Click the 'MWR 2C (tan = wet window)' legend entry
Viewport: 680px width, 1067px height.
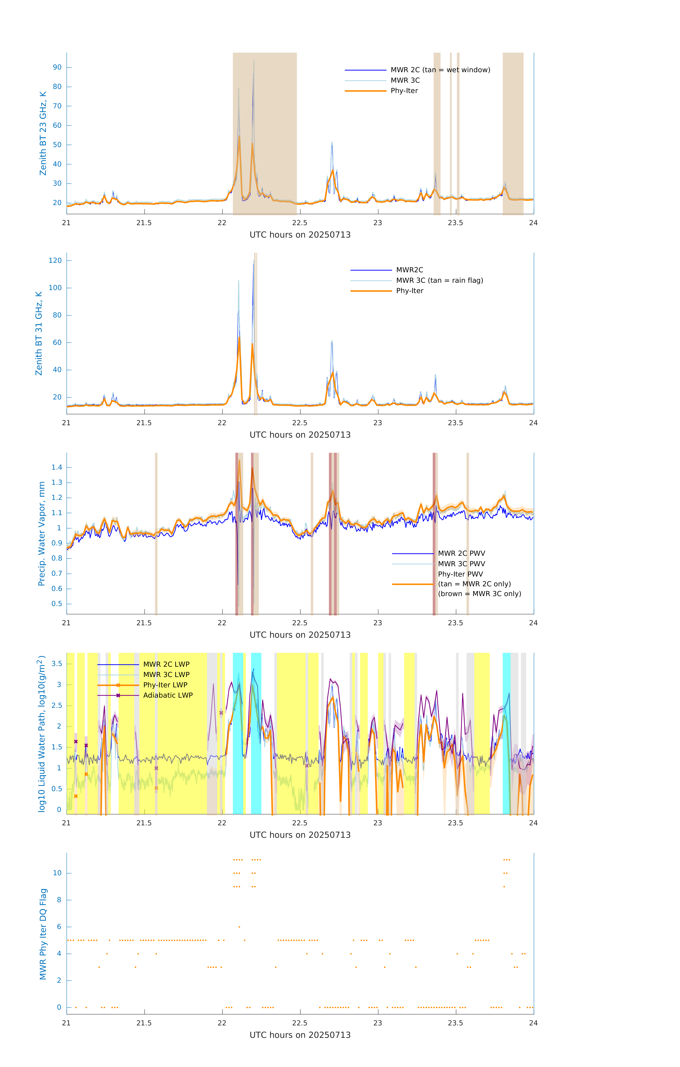(x=440, y=70)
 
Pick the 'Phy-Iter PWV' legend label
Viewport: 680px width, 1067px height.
(x=460, y=574)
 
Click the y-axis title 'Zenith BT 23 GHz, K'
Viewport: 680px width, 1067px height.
(x=43, y=133)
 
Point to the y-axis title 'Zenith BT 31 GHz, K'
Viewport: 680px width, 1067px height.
(x=39, y=333)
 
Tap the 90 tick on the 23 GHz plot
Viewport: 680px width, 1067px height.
(x=57, y=67)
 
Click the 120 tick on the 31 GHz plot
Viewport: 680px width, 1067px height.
(x=55, y=261)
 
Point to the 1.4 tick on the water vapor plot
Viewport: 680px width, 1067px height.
(x=57, y=468)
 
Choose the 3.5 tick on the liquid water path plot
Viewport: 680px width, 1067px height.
(x=57, y=664)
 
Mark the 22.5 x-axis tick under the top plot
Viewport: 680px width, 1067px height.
(x=299, y=223)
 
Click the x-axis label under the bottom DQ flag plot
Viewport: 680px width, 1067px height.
(x=300, y=1035)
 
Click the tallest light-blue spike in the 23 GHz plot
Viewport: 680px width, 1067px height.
(x=254, y=61)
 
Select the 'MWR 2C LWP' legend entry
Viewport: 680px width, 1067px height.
(x=166, y=664)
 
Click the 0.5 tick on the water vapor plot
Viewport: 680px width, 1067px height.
(x=57, y=604)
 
